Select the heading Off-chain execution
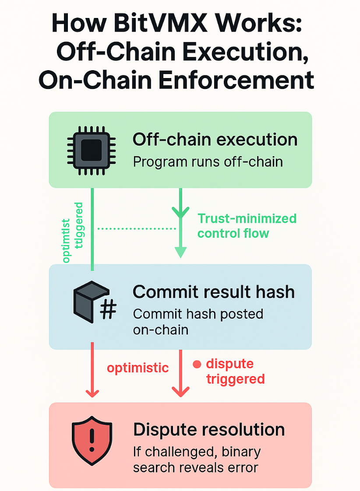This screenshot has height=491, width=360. click(215, 140)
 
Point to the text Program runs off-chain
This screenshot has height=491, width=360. click(208, 162)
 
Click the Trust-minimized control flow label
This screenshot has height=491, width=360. click(247, 225)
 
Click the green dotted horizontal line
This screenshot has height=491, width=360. click(136, 228)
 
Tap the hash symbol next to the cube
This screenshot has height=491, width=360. click(108, 310)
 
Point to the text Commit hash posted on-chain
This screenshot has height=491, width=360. click(198, 321)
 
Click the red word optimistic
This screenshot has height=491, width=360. click(138, 368)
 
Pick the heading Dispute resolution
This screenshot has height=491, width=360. click(209, 429)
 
